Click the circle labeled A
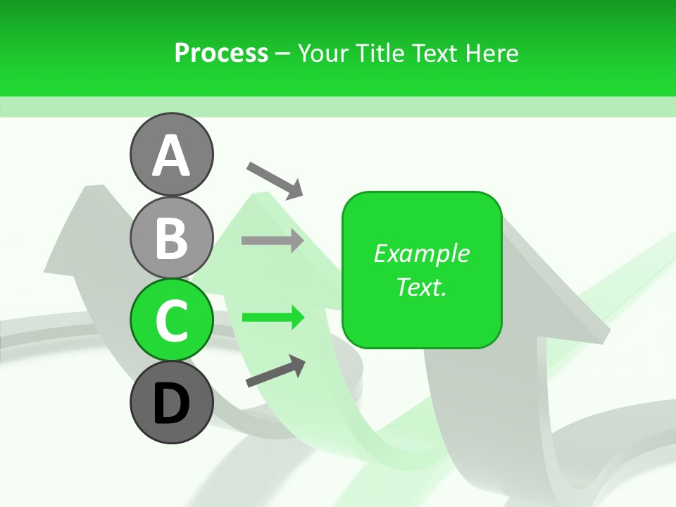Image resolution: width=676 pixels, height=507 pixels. click(171, 154)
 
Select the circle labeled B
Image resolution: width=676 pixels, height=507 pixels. click(171, 237)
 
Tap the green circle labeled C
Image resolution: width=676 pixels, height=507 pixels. click(171, 320)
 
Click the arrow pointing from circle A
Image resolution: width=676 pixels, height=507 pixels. click(275, 180)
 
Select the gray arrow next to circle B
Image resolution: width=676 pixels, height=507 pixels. click(273, 240)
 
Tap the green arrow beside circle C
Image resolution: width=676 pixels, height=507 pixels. click(273, 318)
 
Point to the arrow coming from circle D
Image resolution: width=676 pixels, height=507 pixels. click(275, 371)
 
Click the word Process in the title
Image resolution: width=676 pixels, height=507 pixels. click(221, 53)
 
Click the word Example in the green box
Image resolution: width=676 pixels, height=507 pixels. click(421, 254)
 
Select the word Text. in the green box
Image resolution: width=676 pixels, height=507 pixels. click(421, 287)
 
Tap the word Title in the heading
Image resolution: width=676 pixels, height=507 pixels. click(380, 53)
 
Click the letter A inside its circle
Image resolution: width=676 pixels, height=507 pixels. click(171, 156)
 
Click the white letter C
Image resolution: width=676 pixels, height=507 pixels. click(171, 321)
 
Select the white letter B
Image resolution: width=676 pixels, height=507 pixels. click(171, 239)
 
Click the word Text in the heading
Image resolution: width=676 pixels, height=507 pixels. click(434, 53)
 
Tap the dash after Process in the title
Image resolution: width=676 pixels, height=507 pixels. click(283, 54)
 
